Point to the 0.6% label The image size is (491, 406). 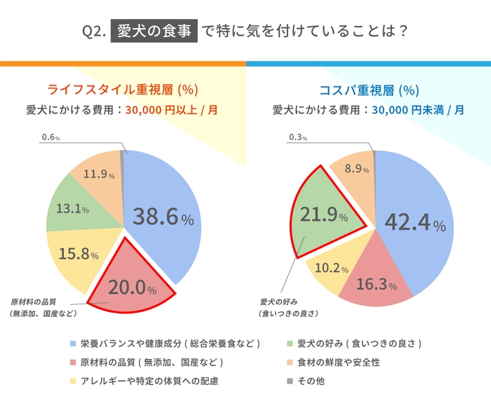click(49, 138)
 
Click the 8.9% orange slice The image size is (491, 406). click(352, 168)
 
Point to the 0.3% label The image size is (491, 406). click(298, 138)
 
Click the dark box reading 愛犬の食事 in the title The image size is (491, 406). click(153, 32)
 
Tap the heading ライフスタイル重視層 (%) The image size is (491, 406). click(123, 90)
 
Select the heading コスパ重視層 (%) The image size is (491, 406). click(369, 90)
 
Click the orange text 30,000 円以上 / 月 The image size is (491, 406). click(167, 110)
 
